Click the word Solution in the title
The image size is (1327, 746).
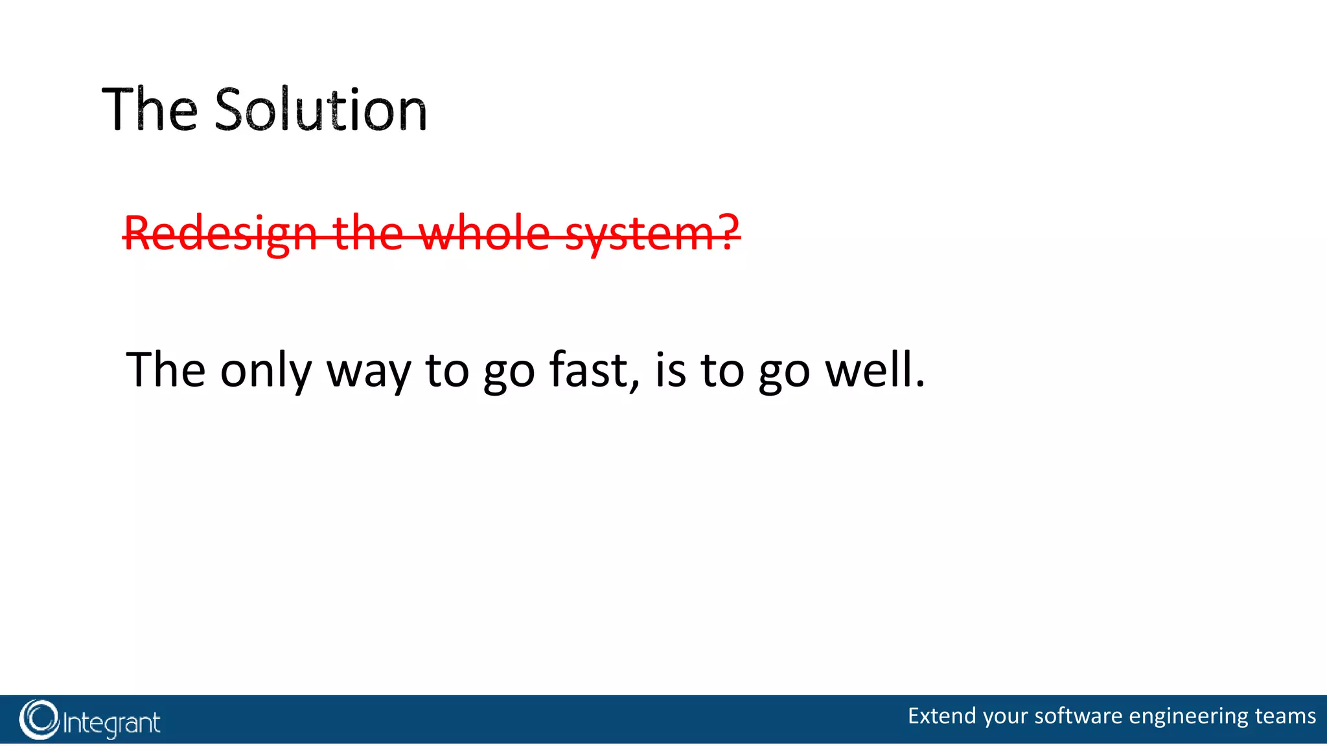321,110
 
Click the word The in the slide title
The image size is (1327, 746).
150,110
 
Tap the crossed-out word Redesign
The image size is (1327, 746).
220,233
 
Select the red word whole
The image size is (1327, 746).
485,233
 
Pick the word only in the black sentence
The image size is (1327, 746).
266,370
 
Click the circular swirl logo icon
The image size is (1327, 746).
39,719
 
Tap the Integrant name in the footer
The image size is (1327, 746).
111,723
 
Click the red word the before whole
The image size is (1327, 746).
367,233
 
